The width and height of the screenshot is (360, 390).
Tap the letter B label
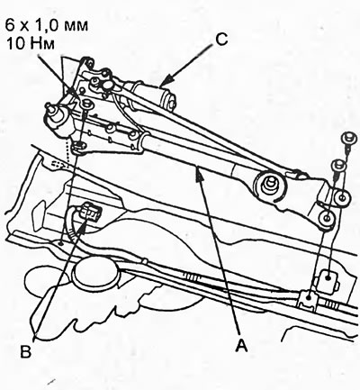[26, 351]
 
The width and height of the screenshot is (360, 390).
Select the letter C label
[221, 40]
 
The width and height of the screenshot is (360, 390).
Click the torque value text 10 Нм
[31, 44]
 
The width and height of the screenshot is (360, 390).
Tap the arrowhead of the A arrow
[198, 174]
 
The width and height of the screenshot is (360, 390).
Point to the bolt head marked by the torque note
[87, 104]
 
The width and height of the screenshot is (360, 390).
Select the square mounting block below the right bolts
[328, 278]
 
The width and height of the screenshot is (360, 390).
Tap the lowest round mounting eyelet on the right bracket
[327, 218]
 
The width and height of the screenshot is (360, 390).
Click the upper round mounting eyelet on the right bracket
[342, 197]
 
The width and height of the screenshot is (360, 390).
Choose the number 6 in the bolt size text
[10, 25]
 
